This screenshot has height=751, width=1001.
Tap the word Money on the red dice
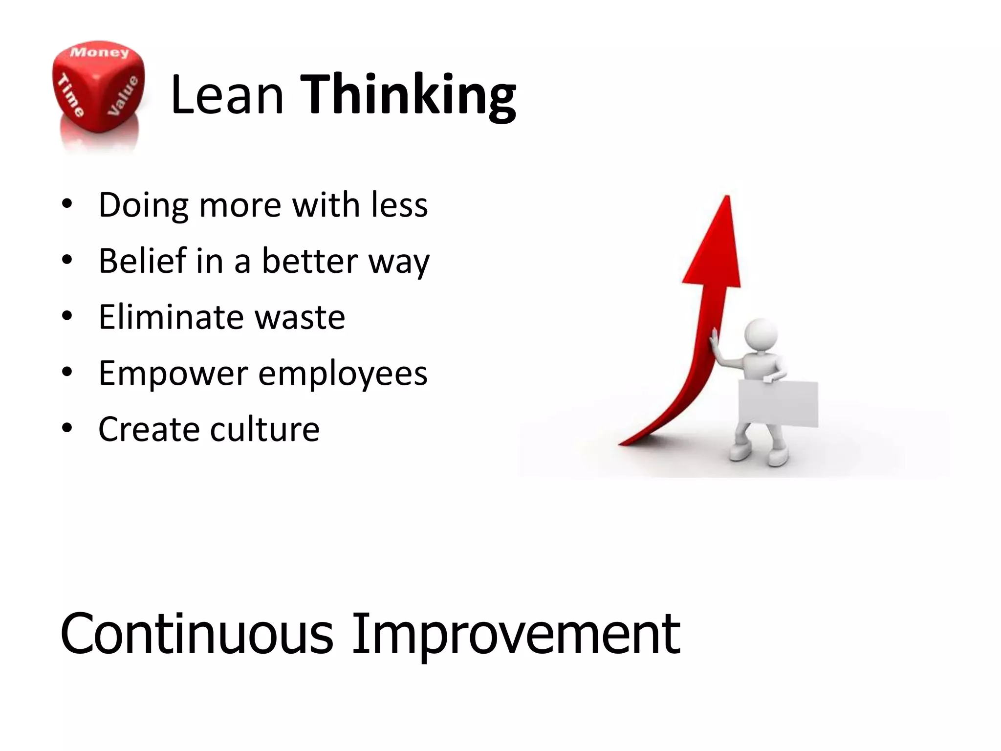(99, 52)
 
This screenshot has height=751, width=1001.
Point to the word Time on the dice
(71, 95)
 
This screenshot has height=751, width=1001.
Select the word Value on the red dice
(123, 96)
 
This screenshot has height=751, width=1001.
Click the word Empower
(174, 374)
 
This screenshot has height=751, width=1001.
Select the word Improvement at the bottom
(516, 635)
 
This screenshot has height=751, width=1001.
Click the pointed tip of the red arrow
(727, 198)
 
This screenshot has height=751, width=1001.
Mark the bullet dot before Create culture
(67, 428)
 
